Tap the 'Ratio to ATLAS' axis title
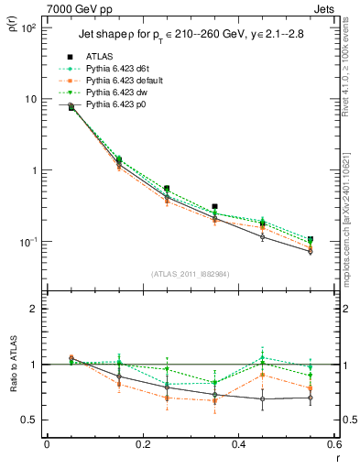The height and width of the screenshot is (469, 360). point(14,387)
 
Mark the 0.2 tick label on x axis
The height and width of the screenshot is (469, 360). point(142,445)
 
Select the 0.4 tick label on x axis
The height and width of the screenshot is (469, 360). point(238,445)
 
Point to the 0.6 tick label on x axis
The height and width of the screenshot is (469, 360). point(333,445)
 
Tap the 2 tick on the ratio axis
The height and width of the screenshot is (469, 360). point(35,309)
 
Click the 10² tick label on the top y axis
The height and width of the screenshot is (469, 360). point(29,28)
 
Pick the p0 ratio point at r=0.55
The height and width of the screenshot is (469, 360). point(310,398)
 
